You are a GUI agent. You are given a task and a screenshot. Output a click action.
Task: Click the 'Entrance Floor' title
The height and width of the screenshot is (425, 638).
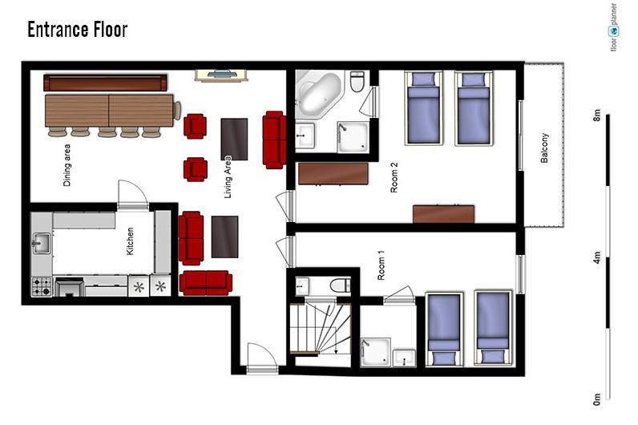point(77,30)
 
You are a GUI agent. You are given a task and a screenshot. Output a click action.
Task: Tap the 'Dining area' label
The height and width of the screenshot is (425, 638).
point(67,165)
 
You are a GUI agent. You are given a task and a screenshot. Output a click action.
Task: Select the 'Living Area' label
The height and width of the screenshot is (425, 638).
point(228,176)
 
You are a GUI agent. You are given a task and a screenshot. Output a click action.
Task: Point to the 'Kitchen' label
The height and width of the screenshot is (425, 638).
point(130,241)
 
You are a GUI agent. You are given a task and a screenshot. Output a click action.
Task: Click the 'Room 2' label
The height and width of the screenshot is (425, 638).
point(394,177)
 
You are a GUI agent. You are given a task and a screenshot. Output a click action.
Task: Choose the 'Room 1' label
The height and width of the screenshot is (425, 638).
point(381,265)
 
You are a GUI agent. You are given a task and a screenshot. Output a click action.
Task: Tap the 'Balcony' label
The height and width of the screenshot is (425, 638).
point(544,148)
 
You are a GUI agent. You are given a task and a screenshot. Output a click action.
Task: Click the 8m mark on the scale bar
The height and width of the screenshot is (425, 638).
point(597,115)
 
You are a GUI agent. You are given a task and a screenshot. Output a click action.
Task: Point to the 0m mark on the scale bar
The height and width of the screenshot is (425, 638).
point(597,399)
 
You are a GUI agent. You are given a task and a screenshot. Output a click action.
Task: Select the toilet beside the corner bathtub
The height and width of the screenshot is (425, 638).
point(357,82)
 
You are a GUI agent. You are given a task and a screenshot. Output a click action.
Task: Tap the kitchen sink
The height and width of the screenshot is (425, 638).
point(42,243)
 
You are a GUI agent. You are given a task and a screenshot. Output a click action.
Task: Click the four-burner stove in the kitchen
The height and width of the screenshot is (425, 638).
point(42,286)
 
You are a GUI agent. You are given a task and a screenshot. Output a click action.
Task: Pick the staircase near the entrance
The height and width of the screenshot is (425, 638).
point(321,330)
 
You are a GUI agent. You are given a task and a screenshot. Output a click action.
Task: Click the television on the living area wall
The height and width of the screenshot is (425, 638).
point(221,75)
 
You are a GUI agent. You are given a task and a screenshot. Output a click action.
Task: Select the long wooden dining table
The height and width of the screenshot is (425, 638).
point(110,111)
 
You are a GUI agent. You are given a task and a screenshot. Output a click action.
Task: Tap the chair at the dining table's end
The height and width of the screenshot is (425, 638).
point(177,111)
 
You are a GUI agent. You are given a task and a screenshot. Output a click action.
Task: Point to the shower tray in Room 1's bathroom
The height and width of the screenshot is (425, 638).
point(376,352)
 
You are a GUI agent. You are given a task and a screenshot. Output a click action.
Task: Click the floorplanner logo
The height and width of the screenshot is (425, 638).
point(613,27)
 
